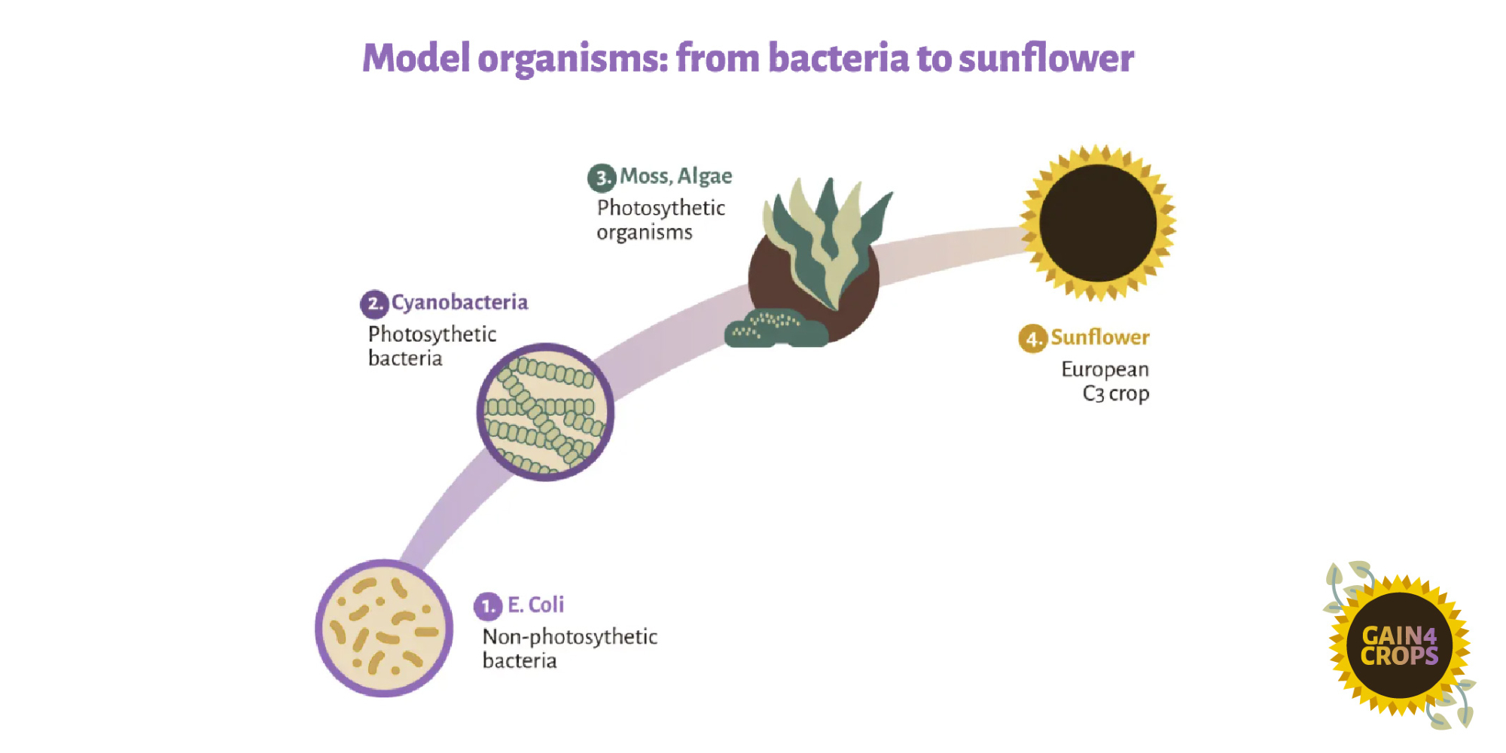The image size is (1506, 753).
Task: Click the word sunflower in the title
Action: click(1046, 58)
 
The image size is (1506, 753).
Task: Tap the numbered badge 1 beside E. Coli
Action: click(487, 605)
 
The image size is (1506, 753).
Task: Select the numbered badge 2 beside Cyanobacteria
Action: click(374, 304)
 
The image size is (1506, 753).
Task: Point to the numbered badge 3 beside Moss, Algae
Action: click(602, 178)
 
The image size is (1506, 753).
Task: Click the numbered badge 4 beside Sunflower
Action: click(1032, 339)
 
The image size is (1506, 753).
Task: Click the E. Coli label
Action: click(535, 605)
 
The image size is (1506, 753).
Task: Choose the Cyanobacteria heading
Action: click(459, 303)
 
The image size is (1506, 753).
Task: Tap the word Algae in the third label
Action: click(705, 176)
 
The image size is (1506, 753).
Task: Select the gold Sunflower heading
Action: click(1099, 337)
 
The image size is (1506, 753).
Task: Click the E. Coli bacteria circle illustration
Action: click(384, 628)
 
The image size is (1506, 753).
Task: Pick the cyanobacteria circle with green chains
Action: click(545, 412)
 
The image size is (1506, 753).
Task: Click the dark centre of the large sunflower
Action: click(1098, 223)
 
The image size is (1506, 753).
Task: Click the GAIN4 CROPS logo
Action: click(1399, 646)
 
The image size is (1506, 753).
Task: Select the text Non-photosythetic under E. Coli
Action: click(570, 637)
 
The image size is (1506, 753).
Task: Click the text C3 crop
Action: click(1115, 394)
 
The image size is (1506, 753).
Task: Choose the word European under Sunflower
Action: click(1105, 370)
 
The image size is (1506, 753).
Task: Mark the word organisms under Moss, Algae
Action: click(644, 233)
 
